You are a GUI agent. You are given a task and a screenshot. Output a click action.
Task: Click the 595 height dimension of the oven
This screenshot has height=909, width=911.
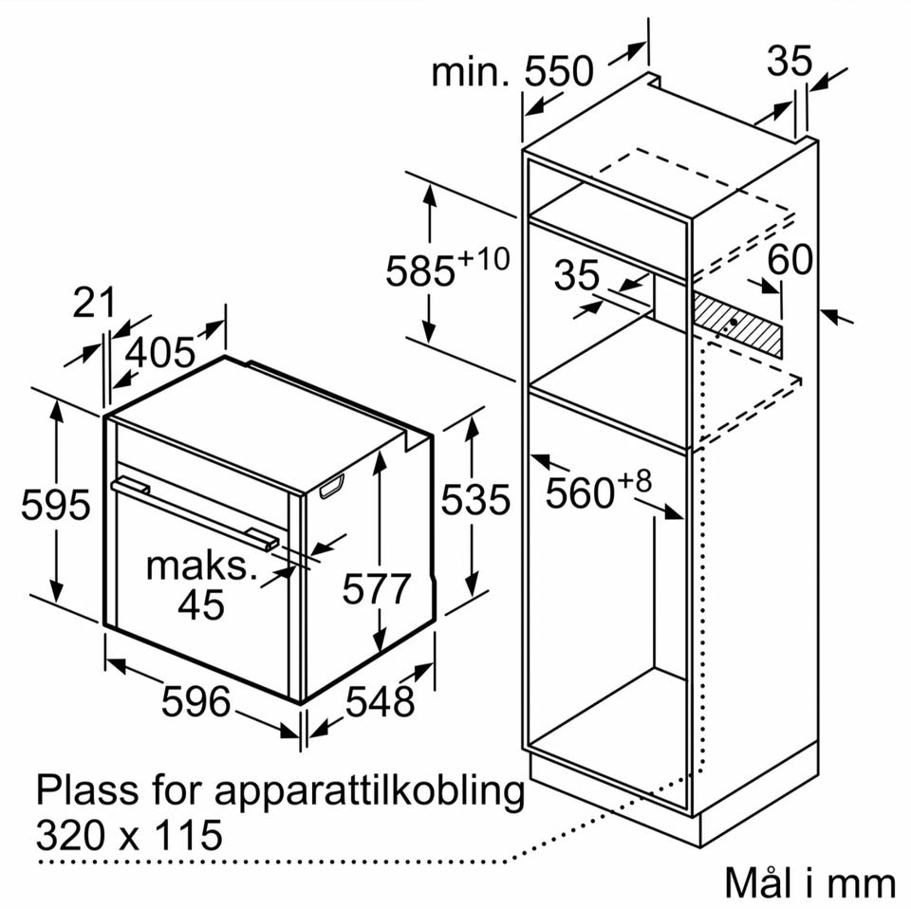pos(56,504)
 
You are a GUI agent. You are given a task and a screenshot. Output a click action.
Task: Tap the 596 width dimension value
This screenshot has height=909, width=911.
pos(195,701)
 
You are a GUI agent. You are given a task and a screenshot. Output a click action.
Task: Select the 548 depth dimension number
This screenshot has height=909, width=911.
pos(380,701)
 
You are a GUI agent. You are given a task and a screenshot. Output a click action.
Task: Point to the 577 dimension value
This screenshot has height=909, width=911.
pos(377,588)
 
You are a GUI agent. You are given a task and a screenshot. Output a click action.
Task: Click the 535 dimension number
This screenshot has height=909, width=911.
pos(475,499)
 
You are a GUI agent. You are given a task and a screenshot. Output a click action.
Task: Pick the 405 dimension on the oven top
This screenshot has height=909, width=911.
pos(161,352)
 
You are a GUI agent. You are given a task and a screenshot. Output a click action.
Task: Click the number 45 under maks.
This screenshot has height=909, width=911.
pos(201,604)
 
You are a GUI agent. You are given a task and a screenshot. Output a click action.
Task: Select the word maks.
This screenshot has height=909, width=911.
pos(201,566)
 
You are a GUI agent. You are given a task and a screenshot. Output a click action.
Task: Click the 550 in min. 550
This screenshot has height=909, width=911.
pos(559,71)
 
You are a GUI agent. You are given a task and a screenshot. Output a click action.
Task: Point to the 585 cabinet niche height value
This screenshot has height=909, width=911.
pos(420,270)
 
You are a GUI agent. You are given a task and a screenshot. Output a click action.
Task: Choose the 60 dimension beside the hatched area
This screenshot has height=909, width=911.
pos(790,259)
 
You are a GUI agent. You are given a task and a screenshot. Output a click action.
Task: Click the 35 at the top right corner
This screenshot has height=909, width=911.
pos(789,61)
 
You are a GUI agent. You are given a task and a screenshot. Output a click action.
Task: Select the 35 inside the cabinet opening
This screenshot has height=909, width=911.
pos(576,275)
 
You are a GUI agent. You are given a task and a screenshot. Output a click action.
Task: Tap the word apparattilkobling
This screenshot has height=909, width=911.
pos(369,791)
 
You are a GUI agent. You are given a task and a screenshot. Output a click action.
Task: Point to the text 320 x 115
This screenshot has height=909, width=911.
pos(129,835)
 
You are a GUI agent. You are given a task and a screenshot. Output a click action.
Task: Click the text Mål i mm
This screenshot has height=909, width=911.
pos(809,882)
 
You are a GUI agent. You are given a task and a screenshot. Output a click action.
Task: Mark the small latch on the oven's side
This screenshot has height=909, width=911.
pos(331,487)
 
